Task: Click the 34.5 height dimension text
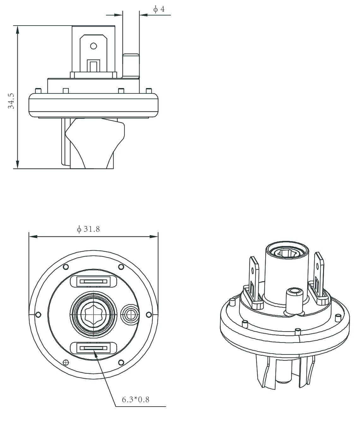(11, 101)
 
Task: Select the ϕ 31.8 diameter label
(88, 229)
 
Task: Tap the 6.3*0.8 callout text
(135, 399)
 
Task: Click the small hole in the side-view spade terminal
(93, 46)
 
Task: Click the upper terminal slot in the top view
(93, 281)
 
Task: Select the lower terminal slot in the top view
(93, 348)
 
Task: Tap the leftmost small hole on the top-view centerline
(38, 314)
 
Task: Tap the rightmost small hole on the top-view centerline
(149, 314)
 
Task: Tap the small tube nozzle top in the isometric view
(294, 291)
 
